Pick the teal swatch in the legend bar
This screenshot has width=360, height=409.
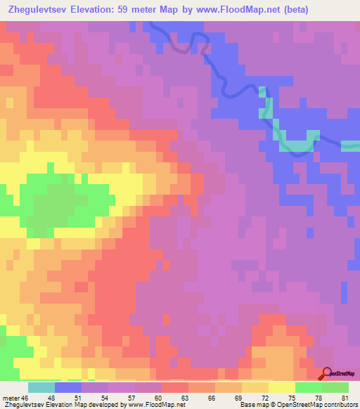[x=41, y=387]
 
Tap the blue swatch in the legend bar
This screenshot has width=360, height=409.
[x=68, y=387]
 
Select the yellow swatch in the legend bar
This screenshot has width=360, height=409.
[x=281, y=387]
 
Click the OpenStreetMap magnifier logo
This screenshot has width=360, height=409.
[x=328, y=374]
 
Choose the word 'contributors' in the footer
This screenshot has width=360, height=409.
[x=336, y=405]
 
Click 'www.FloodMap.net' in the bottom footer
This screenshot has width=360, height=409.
[x=152, y=405]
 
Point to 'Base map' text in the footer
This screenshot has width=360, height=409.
[x=254, y=405]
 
